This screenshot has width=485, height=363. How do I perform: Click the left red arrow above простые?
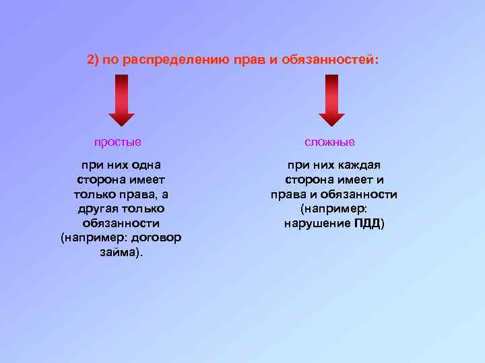(x=121, y=99)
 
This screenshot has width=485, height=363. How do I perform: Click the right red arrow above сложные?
(x=331, y=99)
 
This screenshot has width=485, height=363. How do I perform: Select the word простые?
(x=118, y=143)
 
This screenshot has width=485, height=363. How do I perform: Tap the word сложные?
(x=329, y=143)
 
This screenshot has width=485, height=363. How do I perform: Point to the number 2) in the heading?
(x=94, y=61)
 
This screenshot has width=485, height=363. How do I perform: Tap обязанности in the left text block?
(x=121, y=223)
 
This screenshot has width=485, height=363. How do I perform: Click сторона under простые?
(x=100, y=179)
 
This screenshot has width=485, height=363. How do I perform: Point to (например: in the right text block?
(x=334, y=209)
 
